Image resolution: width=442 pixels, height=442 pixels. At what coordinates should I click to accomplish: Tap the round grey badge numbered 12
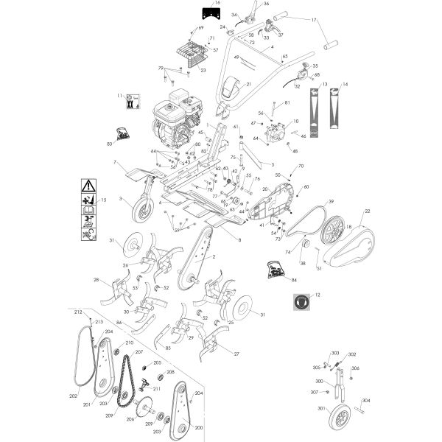coord(300,301)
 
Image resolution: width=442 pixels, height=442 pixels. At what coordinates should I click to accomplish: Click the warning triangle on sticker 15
coord(88,186)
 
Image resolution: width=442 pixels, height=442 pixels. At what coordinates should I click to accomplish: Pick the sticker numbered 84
coord(276,270)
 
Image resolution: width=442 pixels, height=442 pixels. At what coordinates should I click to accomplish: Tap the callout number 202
coord(73,396)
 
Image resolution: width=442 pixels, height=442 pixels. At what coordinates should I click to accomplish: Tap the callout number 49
coord(237,57)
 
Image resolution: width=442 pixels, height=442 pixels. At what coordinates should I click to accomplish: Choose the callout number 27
coord(236,354)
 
